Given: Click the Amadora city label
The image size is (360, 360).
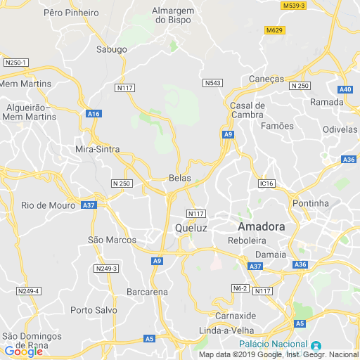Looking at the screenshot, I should coord(261,227).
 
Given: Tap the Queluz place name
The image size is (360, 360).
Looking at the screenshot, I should coord(191,229).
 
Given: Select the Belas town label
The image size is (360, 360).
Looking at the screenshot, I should coord(180,178).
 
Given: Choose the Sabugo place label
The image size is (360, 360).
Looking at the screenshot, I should coord(112,49).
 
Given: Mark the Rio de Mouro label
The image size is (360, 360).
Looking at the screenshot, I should coord(48,205).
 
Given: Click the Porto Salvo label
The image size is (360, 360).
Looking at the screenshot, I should coord(92,310).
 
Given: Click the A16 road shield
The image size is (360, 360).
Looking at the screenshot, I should coord(94,113).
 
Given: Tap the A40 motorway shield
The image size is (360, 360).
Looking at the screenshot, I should coord(345,89).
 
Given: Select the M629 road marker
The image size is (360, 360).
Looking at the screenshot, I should coord(274,30).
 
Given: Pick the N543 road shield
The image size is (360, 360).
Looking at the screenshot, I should coord(212,83).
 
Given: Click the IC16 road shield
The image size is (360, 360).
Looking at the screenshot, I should coord(265,183).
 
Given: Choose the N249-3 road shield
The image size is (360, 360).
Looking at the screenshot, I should coord(106,269).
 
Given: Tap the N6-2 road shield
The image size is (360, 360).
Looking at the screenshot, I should coord(240,288).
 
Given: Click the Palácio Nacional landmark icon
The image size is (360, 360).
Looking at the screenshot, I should coord(316,345).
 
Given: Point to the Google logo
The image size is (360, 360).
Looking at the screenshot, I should coord(23,352).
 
